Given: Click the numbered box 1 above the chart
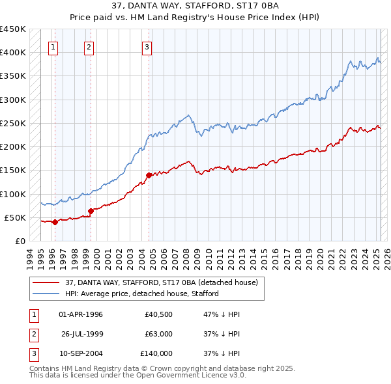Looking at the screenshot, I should point(53,47).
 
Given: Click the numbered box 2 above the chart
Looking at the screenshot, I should point(89,47).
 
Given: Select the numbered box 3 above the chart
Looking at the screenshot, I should point(147,47).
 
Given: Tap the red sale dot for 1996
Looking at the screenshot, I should point(55,222).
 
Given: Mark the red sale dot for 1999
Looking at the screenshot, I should point(91,211).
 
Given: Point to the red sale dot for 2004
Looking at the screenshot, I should point(149,175).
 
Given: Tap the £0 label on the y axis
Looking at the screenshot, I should point(20,241).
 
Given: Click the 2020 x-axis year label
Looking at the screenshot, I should point(320,258).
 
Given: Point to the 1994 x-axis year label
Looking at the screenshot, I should point(30,258).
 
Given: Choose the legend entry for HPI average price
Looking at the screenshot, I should point(141,294).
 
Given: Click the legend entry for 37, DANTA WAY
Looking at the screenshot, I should point(162,282).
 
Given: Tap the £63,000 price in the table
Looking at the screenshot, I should point(159,334).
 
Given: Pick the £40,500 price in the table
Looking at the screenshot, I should point(159,314).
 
